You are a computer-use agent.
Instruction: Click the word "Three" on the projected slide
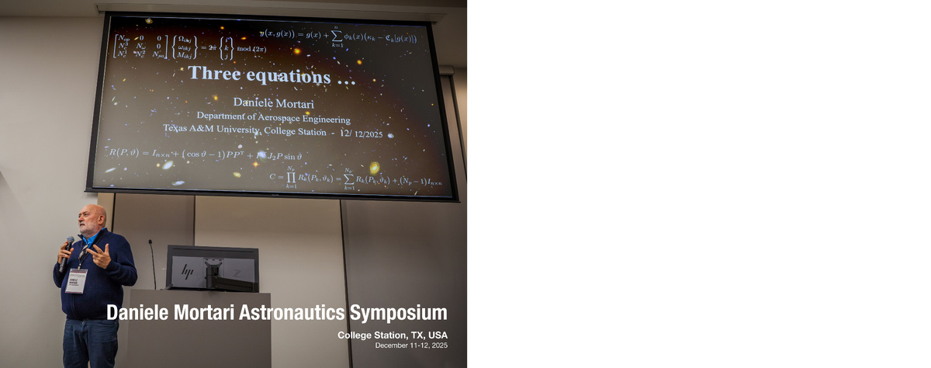click(x=214, y=75)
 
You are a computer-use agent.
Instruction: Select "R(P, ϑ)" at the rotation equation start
click(x=123, y=153)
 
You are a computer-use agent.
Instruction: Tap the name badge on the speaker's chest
click(x=76, y=279)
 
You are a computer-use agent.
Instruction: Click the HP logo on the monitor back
click(x=187, y=271)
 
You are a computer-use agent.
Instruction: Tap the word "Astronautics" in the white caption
click(x=292, y=313)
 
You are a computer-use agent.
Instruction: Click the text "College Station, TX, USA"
click(x=393, y=335)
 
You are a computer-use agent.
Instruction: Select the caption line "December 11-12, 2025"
click(x=411, y=345)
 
